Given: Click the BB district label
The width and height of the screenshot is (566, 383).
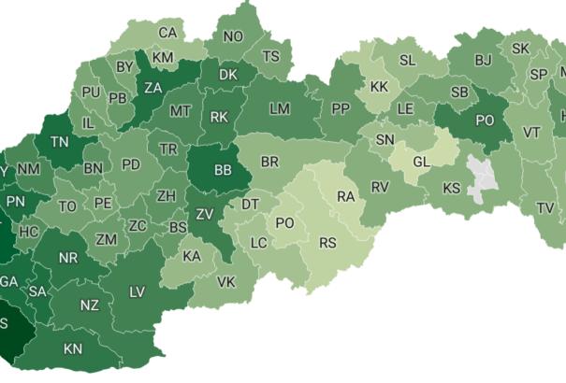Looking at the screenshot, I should pyautogui.click(x=223, y=171).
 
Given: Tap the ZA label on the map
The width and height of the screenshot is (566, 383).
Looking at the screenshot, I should pyautogui.click(x=152, y=90).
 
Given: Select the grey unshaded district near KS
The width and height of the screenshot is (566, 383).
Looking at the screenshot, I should pyautogui.click(x=483, y=177).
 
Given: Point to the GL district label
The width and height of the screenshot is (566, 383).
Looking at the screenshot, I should pyautogui.click(x=422, y=161).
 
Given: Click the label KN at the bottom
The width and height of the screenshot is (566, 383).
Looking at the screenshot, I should pyautogui.click(x=73, y=349).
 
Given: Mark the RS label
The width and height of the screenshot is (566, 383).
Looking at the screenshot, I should pyautogui.click(x=327, y=243).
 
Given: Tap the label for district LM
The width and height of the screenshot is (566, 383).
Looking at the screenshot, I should pyautogui.click(x=279, y=108).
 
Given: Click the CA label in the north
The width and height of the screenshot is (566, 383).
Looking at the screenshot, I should pyautogui.click(x=167, y=33).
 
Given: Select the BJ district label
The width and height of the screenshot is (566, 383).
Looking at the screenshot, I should pyautogui.click(x=483, y=60).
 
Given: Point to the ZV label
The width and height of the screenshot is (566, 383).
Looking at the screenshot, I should pyautogui.click(x=205, y=214).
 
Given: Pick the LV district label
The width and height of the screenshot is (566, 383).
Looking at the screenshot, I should pyautogui.click(x=137, y=292).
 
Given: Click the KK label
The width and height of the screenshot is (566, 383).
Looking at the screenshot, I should pyautogui.click(x=379, y=86).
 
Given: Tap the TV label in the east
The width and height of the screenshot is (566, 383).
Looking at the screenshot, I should pyautogui.click(x=544, y=206).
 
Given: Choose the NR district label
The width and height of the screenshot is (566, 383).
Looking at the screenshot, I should pyautogui.click(x=68, y=258).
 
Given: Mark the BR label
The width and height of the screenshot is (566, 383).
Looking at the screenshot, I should pyautogui.click(x=269, y=162).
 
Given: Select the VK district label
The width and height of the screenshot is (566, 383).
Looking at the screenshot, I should pyautogui.click(x=225, y=281).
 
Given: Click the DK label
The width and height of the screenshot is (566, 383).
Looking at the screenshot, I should pyautogui.click(x=228, y=74).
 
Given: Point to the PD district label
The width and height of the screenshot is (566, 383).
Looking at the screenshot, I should pyautogui.click(x=131, y=164).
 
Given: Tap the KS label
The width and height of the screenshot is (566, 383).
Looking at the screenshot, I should pyautogui.click(x=452, y=188).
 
